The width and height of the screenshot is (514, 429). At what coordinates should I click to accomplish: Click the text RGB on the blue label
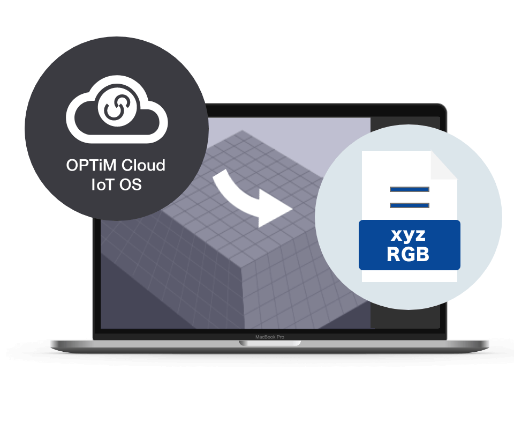coord(410,254)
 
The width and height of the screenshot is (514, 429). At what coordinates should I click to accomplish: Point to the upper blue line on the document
coord(410,189)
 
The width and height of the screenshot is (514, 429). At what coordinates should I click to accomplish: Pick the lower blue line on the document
coord(410,205)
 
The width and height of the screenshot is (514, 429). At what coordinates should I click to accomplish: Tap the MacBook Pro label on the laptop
coord(269,337)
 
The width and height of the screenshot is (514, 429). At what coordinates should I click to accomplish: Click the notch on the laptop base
coord(269,343)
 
